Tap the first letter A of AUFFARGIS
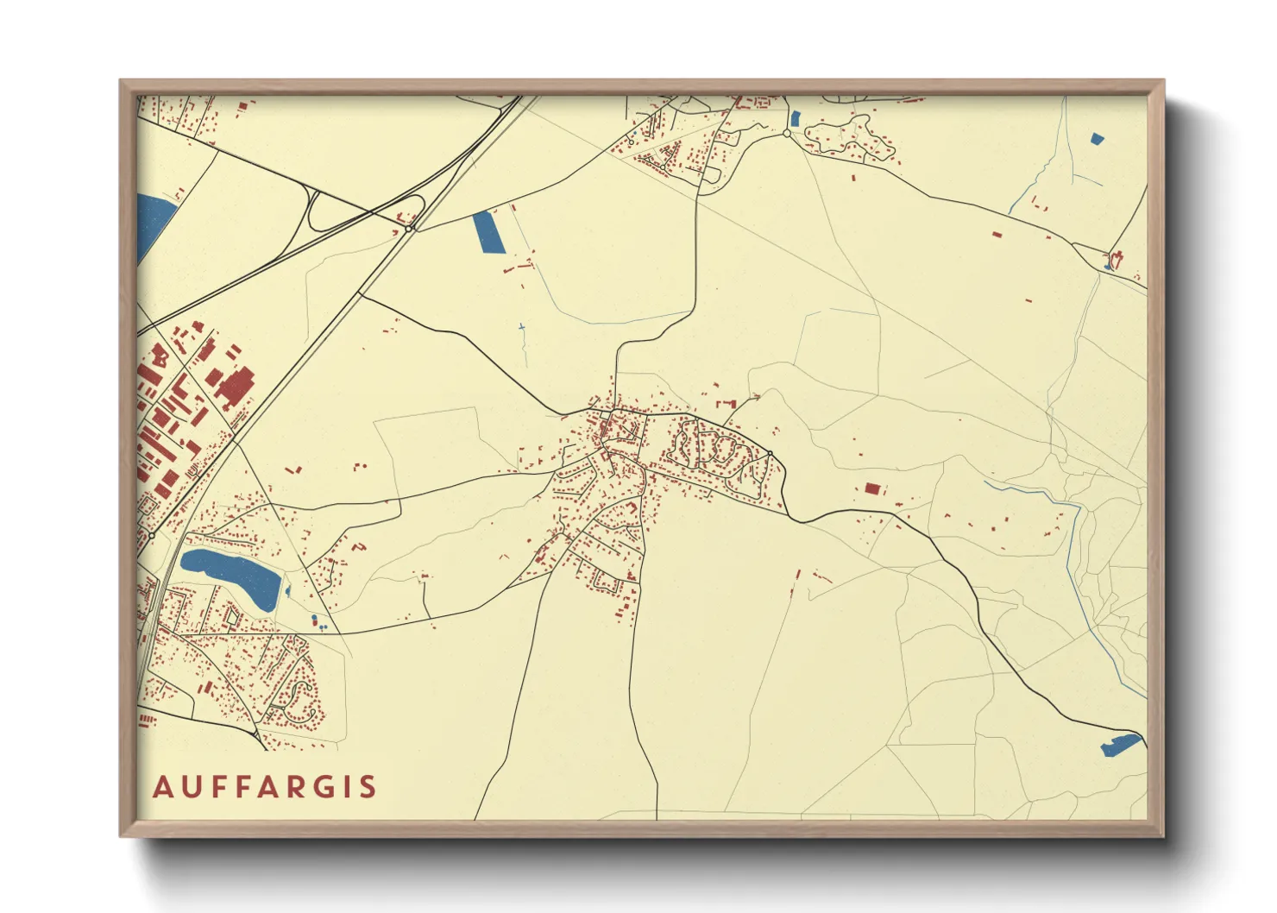click(x=162, y=787)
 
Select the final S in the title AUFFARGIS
click(x=368, y=787)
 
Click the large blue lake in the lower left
click(x=231, y=573)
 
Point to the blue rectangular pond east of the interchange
click(x=488, y=231)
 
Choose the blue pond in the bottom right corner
click(x=1121, y=745)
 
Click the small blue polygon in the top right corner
click(x=1097, y=138)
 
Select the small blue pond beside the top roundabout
click(x=795, y=119)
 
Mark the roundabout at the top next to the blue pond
click(x=787, y=134)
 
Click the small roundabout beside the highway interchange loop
click(x=410, y=229)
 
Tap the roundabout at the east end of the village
click(x=770, y=453)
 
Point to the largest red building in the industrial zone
click(x=233, y=387)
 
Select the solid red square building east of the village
click(x=872, y=488)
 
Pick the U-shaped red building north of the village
click(x=727, y=403)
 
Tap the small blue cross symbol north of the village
click(x=521, y=327)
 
